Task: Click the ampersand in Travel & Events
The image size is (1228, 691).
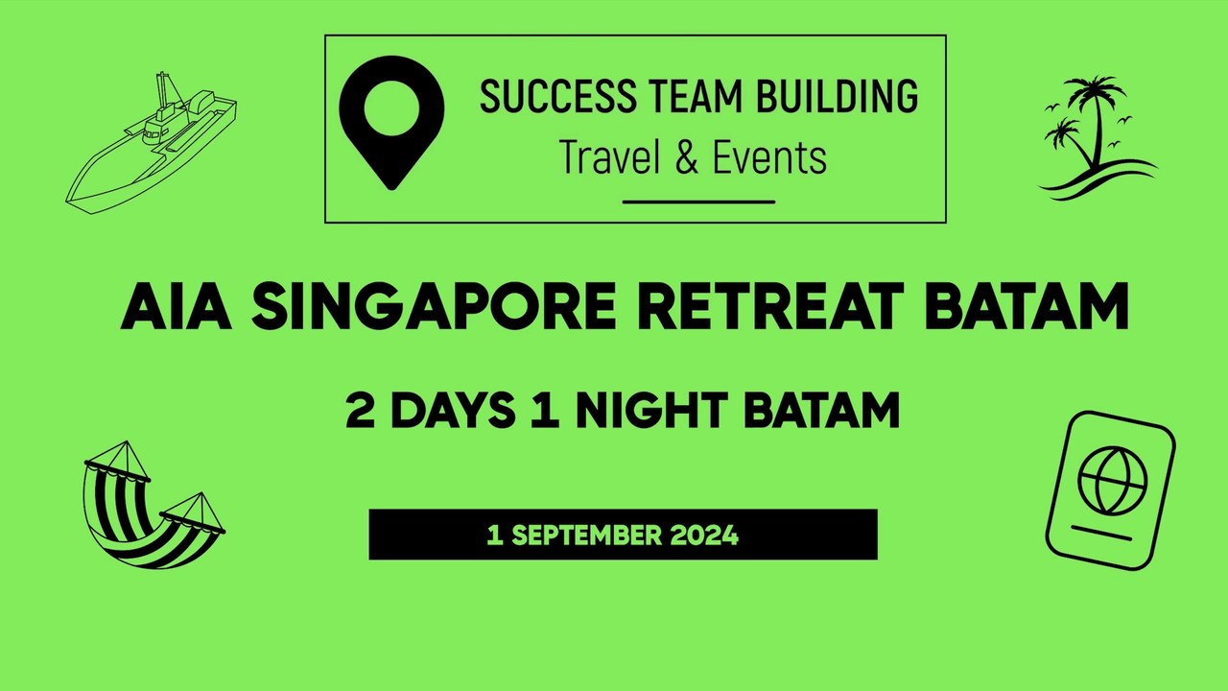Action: coord(687,157)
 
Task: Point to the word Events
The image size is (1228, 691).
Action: coord(769,157)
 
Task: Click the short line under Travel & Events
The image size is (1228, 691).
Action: coord(698,202)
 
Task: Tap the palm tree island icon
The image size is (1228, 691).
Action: coord(1095,138)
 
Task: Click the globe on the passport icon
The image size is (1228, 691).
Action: coord(1112,480)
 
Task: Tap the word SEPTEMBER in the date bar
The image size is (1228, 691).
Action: coord(584,536)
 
